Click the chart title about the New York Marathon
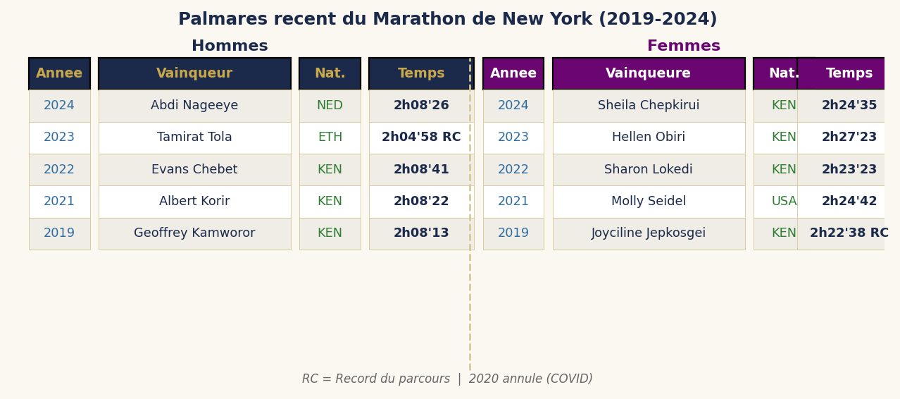(x=447, y=20)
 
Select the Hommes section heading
(x=230, y=47)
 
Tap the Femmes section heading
(x=683, y=47)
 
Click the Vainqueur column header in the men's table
(x=194, y=73)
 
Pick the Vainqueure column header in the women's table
(x=648, y=73)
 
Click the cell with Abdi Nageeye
(x=194, y=106)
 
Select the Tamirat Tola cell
(x=194, y=137)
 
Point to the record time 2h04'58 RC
(x=421, y=137)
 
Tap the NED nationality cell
(x=330, y=106)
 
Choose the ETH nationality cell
(x=330, y=137)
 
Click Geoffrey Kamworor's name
(x=194, y=233)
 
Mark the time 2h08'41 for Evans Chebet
(x=421, y=170)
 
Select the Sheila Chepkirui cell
(x=648, y=106)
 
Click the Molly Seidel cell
(x=648, y=202)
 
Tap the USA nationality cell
(x=783, y=202)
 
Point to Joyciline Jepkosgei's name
(x=648, y=233)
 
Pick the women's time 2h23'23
(x=849, y=170)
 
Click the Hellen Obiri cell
(x=648, y=137)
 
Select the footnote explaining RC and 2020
(x=447, y=379)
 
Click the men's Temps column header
(x=421, y=73)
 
